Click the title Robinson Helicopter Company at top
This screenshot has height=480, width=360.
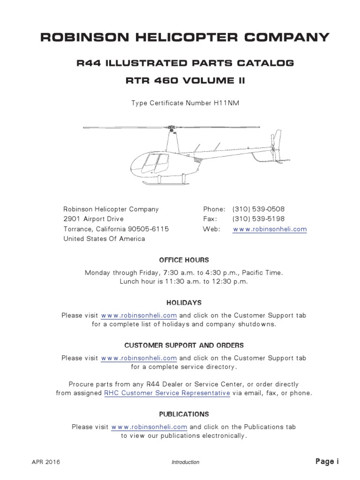185,37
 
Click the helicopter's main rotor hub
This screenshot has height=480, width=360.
172,127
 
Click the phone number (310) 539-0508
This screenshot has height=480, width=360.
258,209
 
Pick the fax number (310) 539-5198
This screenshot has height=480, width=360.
258,219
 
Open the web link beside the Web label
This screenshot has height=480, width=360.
270,229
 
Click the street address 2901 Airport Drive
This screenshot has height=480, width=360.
94,219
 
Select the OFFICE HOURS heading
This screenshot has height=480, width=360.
184,260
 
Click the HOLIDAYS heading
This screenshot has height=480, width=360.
184,303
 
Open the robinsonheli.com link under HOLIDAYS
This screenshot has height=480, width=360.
139,315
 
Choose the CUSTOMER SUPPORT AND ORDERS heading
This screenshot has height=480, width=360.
184,345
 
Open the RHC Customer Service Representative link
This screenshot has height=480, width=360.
167,393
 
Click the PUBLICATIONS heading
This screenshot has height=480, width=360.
184,414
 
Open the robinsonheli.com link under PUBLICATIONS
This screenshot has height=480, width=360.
150,427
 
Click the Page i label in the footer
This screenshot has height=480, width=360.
327,462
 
